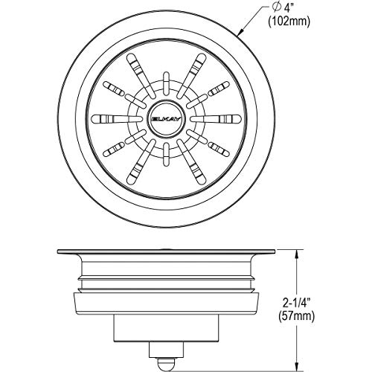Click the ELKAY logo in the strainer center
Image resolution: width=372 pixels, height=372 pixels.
[166, 119]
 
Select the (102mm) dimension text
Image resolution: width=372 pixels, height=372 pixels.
[289, 22]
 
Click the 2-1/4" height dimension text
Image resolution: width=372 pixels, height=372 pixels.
[297, 303]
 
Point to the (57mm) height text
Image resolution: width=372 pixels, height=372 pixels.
[297, 316]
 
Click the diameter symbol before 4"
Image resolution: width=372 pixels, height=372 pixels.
[275, 9]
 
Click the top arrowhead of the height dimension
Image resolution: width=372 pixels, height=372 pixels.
[297, 254]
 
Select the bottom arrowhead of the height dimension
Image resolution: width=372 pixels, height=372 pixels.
[297, 366]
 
